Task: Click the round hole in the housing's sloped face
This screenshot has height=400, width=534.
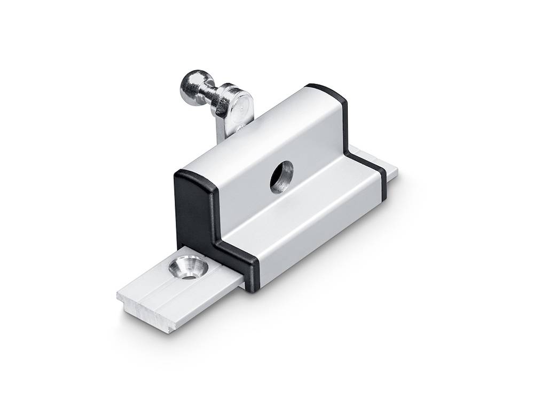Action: pyautogui.click(x=281, y=177)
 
